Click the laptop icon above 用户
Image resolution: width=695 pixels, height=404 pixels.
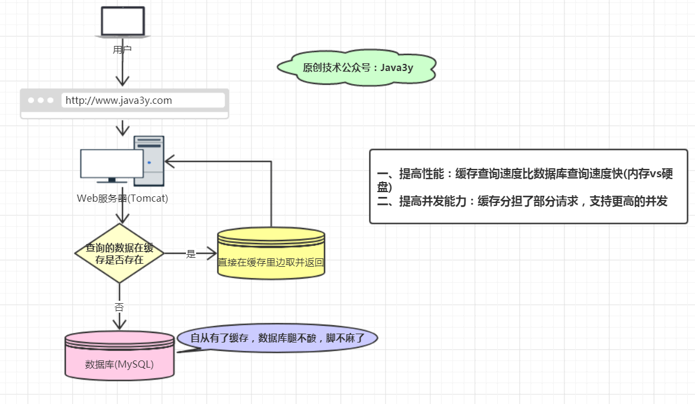coord(122,21)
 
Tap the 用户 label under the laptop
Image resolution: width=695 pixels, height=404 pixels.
coord(122,50)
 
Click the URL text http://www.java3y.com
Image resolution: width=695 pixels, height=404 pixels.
coord(119,100)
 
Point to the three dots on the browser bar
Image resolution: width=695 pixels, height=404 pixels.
coord(41,100)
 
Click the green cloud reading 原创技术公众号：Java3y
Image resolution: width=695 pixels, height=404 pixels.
coord(358,67)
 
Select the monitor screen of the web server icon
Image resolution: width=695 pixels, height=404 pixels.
coord(112,163)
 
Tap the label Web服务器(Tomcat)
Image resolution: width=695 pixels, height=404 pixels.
coord(122,198)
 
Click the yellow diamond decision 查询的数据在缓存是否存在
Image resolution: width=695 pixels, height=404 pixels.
coord(119,253)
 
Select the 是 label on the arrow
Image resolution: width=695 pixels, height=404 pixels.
coord(191,254)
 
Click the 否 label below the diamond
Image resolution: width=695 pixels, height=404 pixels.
coord(119,307)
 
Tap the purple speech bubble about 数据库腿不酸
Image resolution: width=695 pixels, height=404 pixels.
coord(278,338)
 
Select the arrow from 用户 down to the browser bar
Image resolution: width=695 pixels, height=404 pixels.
coord(122,72)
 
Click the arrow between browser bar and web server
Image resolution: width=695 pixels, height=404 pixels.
coord(122,127)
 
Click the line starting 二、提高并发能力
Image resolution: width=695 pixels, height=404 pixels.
coord(522,202)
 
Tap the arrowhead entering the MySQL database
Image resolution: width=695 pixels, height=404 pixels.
coord(120,325)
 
